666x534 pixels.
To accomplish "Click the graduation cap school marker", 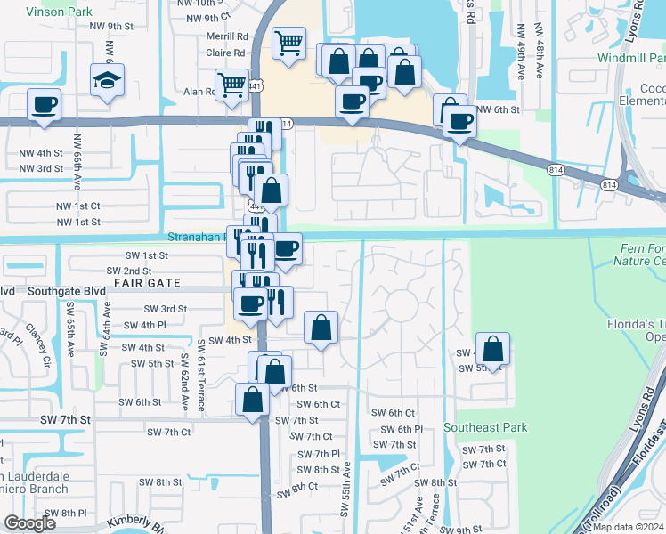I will (107, 79).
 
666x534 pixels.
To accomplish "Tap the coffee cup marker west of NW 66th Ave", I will (44, 104).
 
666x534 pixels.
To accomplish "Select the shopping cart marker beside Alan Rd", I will (231, 86).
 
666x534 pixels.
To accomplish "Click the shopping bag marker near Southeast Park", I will (491, 349).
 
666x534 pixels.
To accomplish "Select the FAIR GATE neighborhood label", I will (147, 283).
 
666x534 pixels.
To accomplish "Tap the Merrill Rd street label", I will (227, 37).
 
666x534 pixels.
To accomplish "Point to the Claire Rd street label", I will (225, 53).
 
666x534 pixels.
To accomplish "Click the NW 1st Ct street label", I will (78, 206).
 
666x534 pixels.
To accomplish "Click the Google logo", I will (30, 523).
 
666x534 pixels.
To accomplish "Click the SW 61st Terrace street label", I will (202, 376).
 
